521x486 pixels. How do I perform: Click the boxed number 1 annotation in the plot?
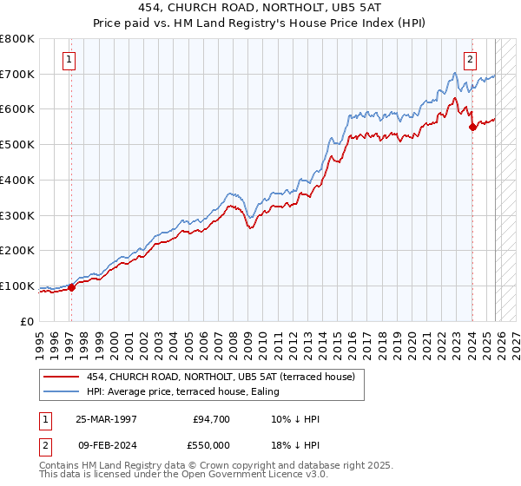tap(69, 60)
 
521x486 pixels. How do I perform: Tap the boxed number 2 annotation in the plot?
tap(470, 60)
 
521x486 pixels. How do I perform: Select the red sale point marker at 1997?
tap(72, 288)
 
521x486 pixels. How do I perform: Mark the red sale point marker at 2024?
tap(472, 127)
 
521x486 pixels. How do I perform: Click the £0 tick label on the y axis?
tap(28, 321)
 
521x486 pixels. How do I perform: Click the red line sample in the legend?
tap(62, 377)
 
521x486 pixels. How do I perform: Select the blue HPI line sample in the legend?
tap(62, 391)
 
